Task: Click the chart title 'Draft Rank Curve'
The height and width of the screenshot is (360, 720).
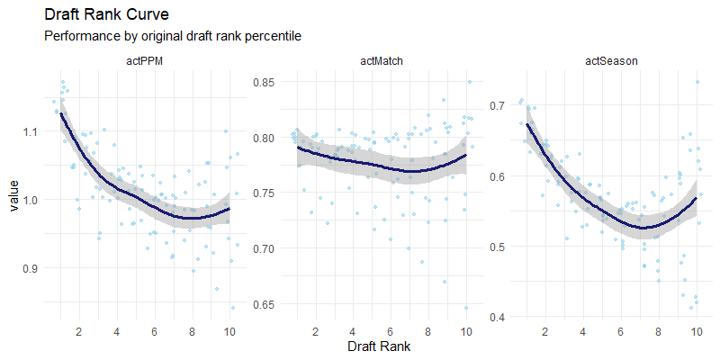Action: point(106,15)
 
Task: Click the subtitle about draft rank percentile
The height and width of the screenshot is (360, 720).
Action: point(172,36)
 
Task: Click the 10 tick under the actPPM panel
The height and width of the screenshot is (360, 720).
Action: point(230,331)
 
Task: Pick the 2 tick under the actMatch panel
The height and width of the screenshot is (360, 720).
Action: point(316,331)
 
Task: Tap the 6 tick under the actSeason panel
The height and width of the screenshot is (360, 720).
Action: point(621,331)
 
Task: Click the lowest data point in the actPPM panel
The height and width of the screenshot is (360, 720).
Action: point(233,308)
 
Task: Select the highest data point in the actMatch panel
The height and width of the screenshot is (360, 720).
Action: point(470,82)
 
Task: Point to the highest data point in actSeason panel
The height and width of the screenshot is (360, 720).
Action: point(697,82)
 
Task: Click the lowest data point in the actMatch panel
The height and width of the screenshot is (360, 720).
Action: point(466,308)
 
